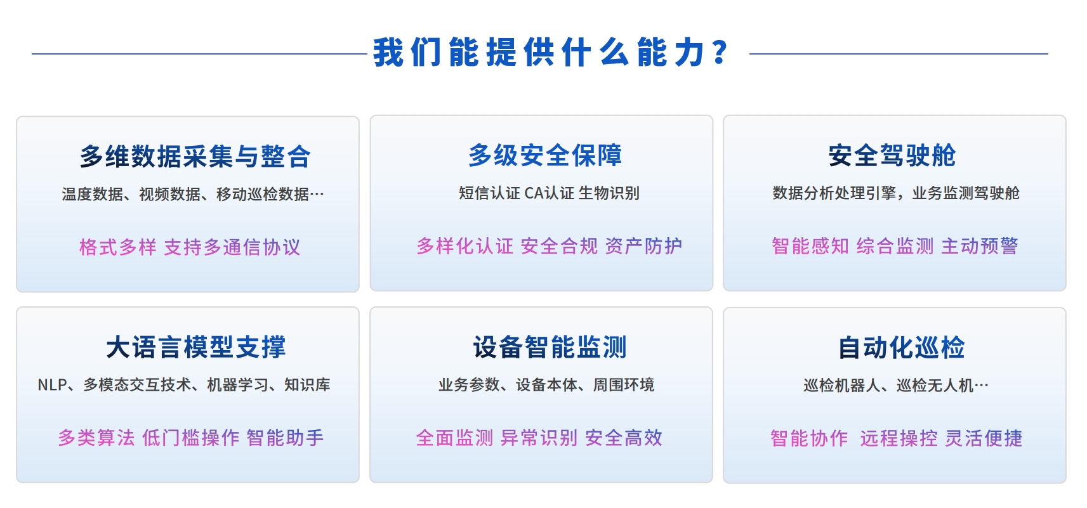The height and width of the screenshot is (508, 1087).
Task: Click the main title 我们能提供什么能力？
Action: click(x=551, y=52)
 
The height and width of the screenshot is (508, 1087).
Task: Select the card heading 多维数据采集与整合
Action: click(x=195, y=156)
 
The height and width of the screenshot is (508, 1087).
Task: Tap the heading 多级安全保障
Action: click(x=545, y=155)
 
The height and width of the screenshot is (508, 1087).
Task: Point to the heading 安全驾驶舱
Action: click(x=892, y=155)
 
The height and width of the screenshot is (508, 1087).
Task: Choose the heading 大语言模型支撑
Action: click(x=195, y=348)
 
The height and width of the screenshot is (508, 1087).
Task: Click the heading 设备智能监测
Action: click(x=550, y=348)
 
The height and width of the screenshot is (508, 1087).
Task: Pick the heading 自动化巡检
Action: click(x=902, y=348)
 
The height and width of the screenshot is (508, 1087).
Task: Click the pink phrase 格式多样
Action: click(x=118, y=247)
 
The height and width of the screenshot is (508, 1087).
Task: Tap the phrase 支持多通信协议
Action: click(x=232, y=247)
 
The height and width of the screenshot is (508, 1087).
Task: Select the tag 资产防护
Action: click(x=643, y=246)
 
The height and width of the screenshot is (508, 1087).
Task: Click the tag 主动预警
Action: click(x=979, y=246)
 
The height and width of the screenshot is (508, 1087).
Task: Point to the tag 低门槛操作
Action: click(x=191, y=438)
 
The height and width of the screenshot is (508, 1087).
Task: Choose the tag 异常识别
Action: click(x=539, y=438)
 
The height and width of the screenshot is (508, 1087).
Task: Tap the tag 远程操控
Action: click(x=899, y=438)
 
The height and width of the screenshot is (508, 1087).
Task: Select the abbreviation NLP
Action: click(x=53, y=385)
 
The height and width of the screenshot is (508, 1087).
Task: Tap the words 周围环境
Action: click(x=624, y=385)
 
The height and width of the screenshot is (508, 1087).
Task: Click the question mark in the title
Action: click(x=721, y=52)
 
